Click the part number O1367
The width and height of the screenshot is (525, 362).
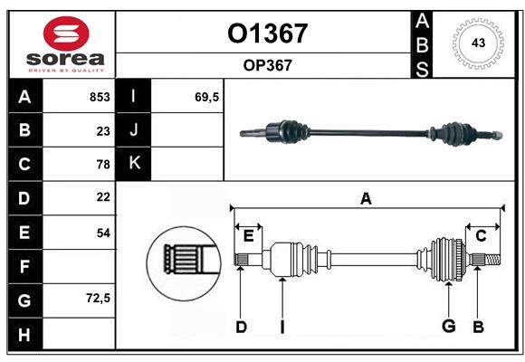pyautogui.click(x=267, y=33)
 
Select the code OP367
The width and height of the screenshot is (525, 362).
pyautogui.click(x=267, y=65)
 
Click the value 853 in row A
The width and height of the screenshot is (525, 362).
pyautogui.click(x=99, y=97)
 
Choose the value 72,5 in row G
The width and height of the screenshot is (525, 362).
pyautogui.click(x=98, y=298)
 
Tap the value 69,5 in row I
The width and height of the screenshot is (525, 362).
pyautogui.click(x=207, y=97)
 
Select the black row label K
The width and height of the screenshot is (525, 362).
pyautogui.click(x=135, y=163)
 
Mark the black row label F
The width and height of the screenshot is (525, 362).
pyautogui.click(x=24, y=266)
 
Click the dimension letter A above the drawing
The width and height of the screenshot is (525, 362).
pyautogui.click(x=366, y=199)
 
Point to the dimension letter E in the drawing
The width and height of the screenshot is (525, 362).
pyautogui.click(x=248, y=237)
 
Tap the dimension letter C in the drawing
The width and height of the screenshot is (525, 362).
pyautogui.click(x=482, y=236)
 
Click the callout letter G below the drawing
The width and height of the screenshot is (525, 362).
pyautogui.click(x=447, y=327)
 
